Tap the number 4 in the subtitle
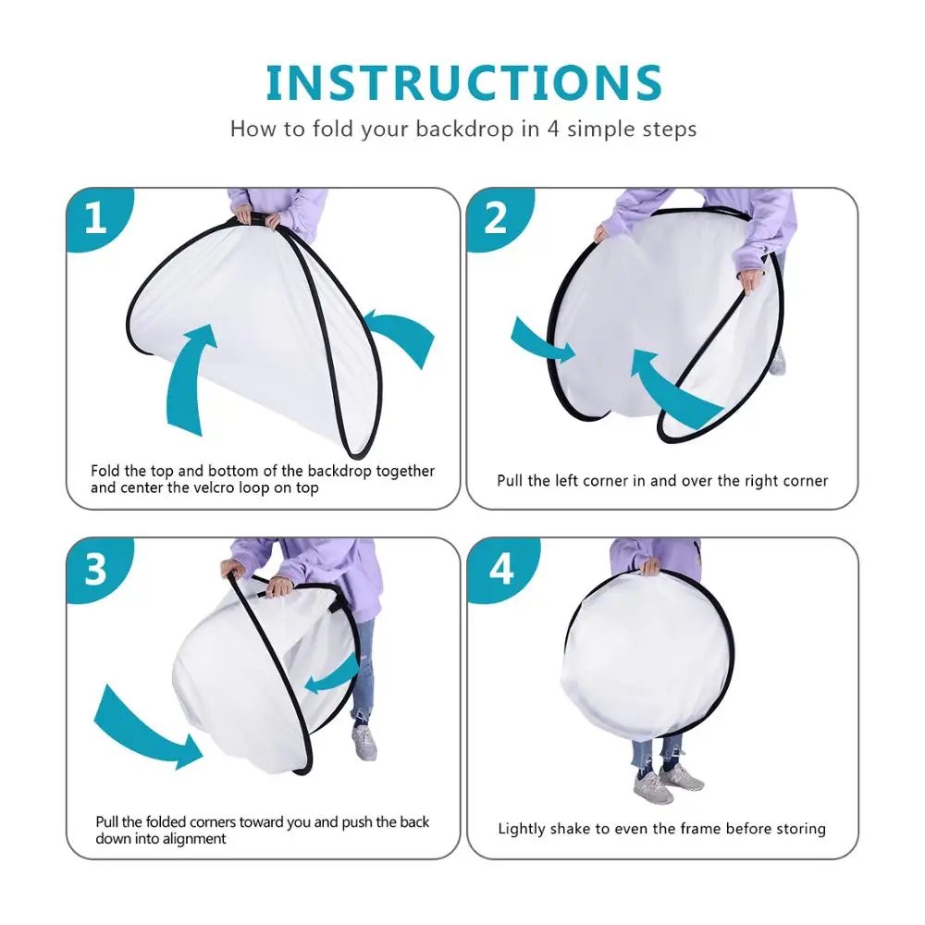pos(553,129)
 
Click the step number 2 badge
pos(499,219)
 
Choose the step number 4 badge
pos(501,569)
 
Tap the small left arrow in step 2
pos(541,341)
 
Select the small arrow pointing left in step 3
pos(333,675)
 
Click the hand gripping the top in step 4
pos(649,567)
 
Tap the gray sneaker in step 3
pos(364,742)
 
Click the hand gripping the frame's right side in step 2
pos(751,279)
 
